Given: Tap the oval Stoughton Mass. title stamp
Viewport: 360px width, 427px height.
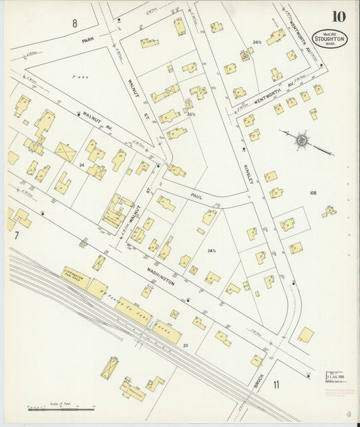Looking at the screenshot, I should coord(330,38).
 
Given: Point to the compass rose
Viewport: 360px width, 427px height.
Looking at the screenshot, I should coord(301,141).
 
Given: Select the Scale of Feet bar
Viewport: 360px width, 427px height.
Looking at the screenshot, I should coord(61,408).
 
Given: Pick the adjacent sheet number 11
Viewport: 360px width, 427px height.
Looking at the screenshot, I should coord(276,384).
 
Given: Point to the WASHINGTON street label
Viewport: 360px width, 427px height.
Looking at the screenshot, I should coord(159,278).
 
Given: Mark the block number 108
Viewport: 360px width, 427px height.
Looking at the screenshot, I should coord(313,193).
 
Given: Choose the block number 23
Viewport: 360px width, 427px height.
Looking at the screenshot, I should coord(185,345).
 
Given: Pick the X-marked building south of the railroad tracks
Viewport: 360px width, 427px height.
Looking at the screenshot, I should coord(109,368).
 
